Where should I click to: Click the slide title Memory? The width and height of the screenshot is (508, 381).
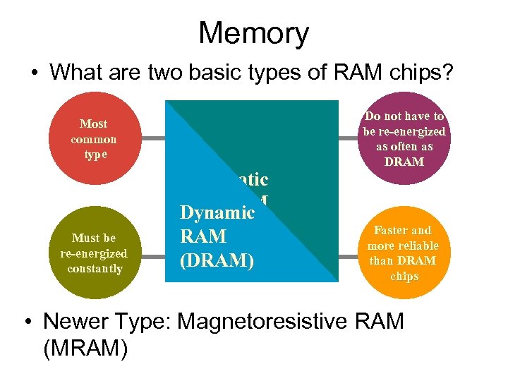tap(253, 33)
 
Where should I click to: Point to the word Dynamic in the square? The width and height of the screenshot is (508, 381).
tap(217, 212)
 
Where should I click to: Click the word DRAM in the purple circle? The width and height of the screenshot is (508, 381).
tap(404, 162)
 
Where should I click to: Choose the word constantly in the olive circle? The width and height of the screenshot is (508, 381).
tap(95, 269)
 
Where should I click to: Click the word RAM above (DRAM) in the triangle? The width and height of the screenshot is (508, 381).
tap(203, 236)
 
